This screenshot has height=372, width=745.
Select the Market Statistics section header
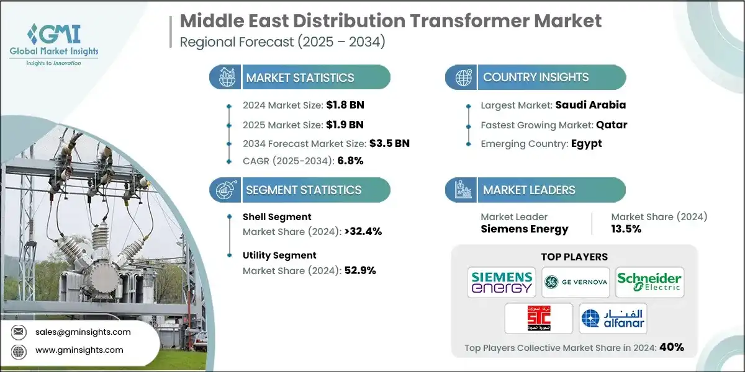pyautogui.click(x=300, y=77)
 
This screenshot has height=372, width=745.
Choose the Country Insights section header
pyautogui.click(x=536, y=77)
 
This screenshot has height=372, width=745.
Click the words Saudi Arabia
pyautogui.click(x=591, y=105)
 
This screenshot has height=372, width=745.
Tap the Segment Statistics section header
pyautogui.click(x=303, y=190)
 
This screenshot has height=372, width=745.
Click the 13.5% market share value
pyautogui.click(x=626, y=229)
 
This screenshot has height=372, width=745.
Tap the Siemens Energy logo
pyautogui.click(x=502, y=282)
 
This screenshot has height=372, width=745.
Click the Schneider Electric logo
pyautogui.click(x=649, y=282)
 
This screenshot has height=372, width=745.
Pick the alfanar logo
pyautogui.click(x=612, y=318)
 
